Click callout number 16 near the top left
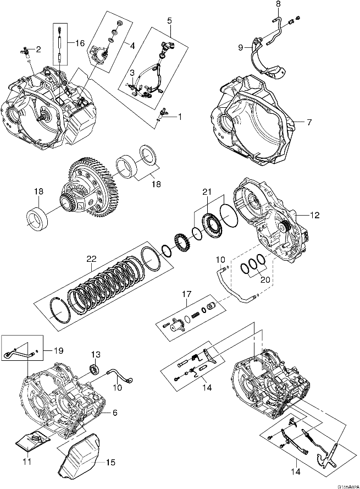[x=80, y=42]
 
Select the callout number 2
[x=38, y=50]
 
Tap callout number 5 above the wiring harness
[x=169, y=20]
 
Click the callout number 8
[x=278, y=4]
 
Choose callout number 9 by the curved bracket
[x=240, y=48]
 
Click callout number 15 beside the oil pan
[x=110, y=463]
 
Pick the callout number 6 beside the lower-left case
[x=114, y=413]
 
